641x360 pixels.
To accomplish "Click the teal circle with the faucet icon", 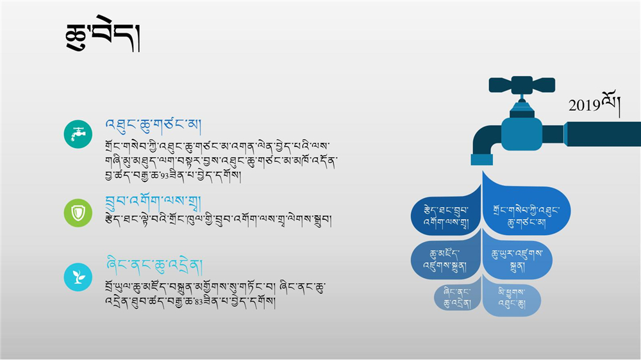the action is [78, 134].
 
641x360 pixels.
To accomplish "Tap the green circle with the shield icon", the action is [78, 213].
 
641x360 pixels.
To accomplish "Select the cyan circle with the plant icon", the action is [78, 277].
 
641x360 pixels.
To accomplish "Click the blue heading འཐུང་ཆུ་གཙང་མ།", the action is [153, 126].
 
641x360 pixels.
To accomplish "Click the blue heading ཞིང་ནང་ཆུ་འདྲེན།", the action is [154, 266].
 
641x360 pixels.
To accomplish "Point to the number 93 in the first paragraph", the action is [164, 177].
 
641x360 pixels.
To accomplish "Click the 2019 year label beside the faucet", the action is [594, 104].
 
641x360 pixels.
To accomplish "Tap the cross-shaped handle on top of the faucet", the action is [522, 85].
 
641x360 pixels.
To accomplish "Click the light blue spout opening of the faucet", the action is [481, 160].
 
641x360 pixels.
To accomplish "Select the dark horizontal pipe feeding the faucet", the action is [603, 134].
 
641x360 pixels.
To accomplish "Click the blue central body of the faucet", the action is [522, 134].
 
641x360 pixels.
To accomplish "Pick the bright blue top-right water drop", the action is [526, 208].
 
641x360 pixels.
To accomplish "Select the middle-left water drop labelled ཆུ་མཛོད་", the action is [445, 259].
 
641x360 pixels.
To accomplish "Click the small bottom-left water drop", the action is [458, 297].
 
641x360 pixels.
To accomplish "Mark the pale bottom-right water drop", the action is [512, 299].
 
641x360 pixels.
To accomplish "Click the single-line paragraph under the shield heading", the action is [218, 220].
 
